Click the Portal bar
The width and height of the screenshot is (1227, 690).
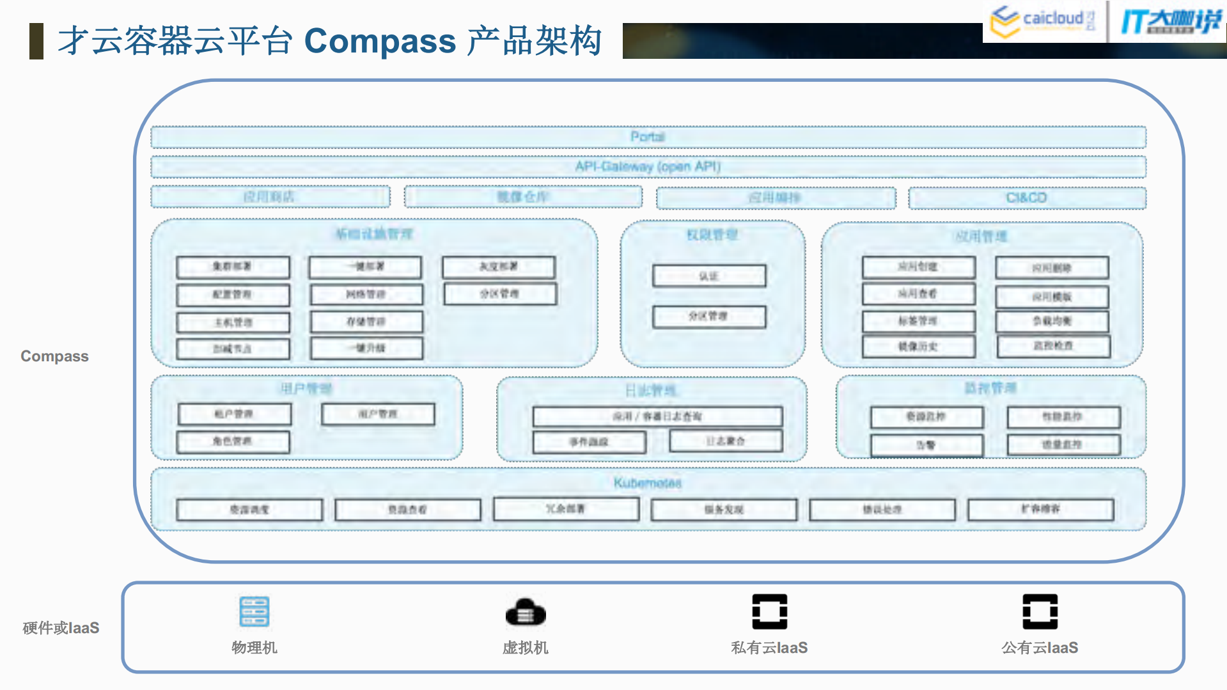click(x=648, y=137)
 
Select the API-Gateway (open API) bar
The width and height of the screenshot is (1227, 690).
click(x=648, y=167)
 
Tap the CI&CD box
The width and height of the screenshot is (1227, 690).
click(x=1027, y=198)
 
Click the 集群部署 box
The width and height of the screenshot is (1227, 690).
click(x=233, y=267)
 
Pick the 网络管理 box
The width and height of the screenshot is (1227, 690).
click(x=366, y=294)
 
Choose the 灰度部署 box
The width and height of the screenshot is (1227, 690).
click(x=499, y=267)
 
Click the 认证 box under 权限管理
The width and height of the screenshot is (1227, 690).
click(x=709, y=276)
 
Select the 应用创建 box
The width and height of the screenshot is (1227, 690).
click(x=918, y=267)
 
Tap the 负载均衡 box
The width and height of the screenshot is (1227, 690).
click(x=1052, y=321)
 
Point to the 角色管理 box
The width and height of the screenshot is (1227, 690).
click(x=233, y=441)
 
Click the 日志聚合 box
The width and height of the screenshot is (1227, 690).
click(x=726, y=441)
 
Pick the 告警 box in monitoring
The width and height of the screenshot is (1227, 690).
click(x=926, y=445)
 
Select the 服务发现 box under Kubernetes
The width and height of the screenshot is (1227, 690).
click(x=724, y=510)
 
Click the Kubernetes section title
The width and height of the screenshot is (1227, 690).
click(x=648, y=483)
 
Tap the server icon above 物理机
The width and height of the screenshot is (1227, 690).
click(x=254, y=611)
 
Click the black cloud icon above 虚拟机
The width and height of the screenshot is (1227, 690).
click(x=526, y=613)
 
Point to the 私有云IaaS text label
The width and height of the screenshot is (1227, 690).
click(x=769, y=648)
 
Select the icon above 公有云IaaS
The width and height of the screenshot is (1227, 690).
click(x=1040, y=611)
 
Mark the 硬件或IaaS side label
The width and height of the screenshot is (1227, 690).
click(x=61, y=628)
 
